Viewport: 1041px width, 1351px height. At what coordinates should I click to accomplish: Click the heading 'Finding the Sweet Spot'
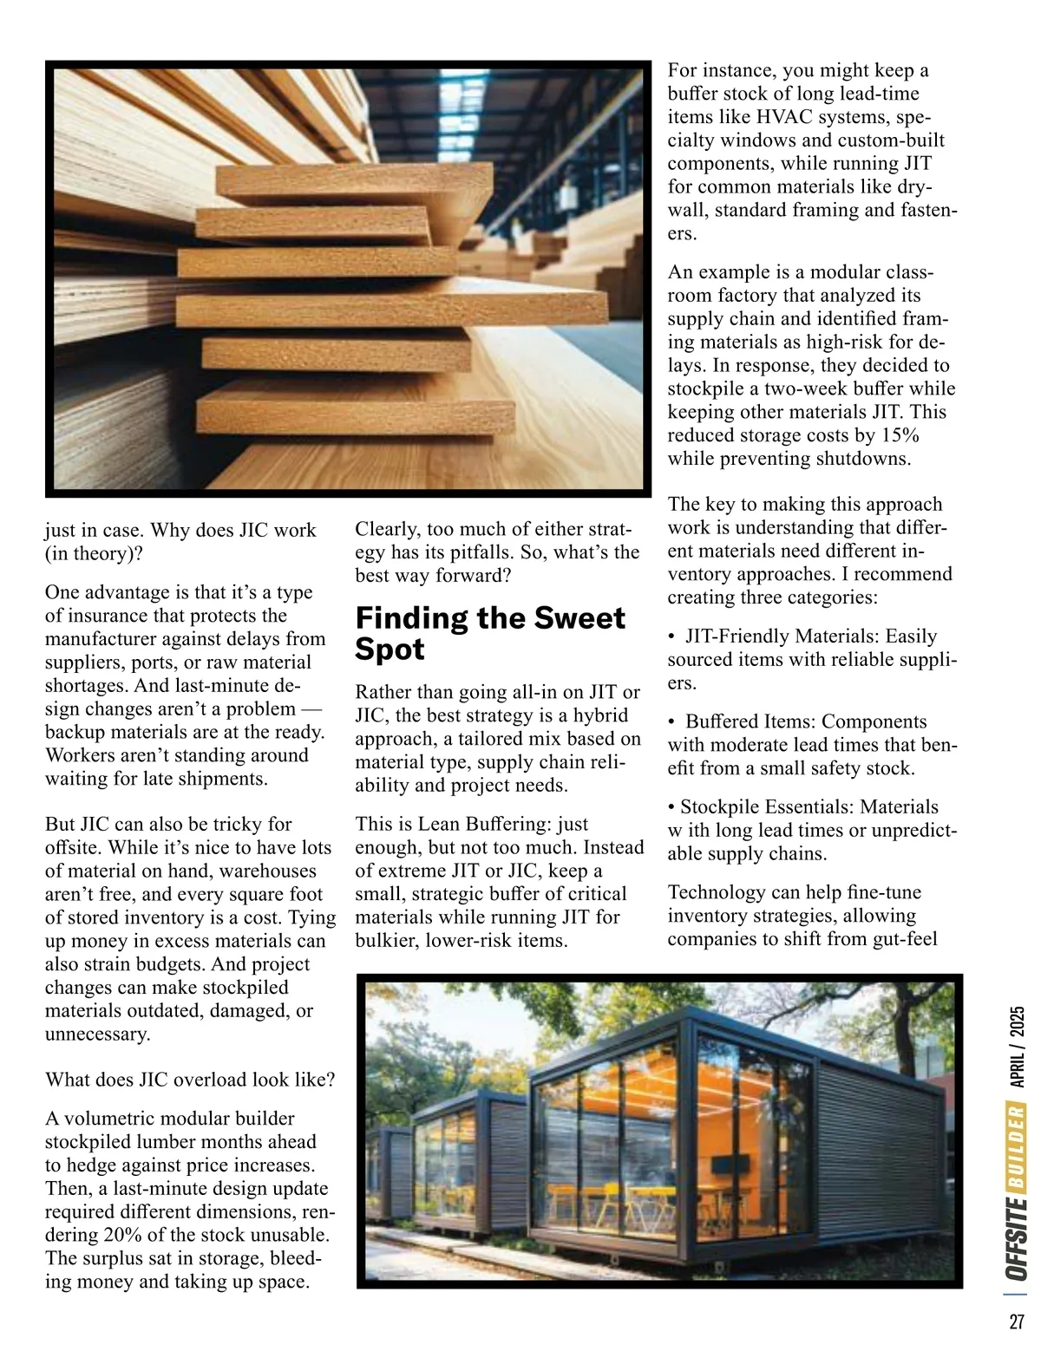coord(490,633)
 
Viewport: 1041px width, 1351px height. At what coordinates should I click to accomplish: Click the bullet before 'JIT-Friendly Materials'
coord(672,637)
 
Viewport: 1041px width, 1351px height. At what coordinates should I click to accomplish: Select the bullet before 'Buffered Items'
coord(672,722)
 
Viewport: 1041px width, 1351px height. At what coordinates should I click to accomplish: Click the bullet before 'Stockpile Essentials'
coord(672,808)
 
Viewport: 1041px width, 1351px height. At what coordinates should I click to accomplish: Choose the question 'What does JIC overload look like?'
coord(190,1080)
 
